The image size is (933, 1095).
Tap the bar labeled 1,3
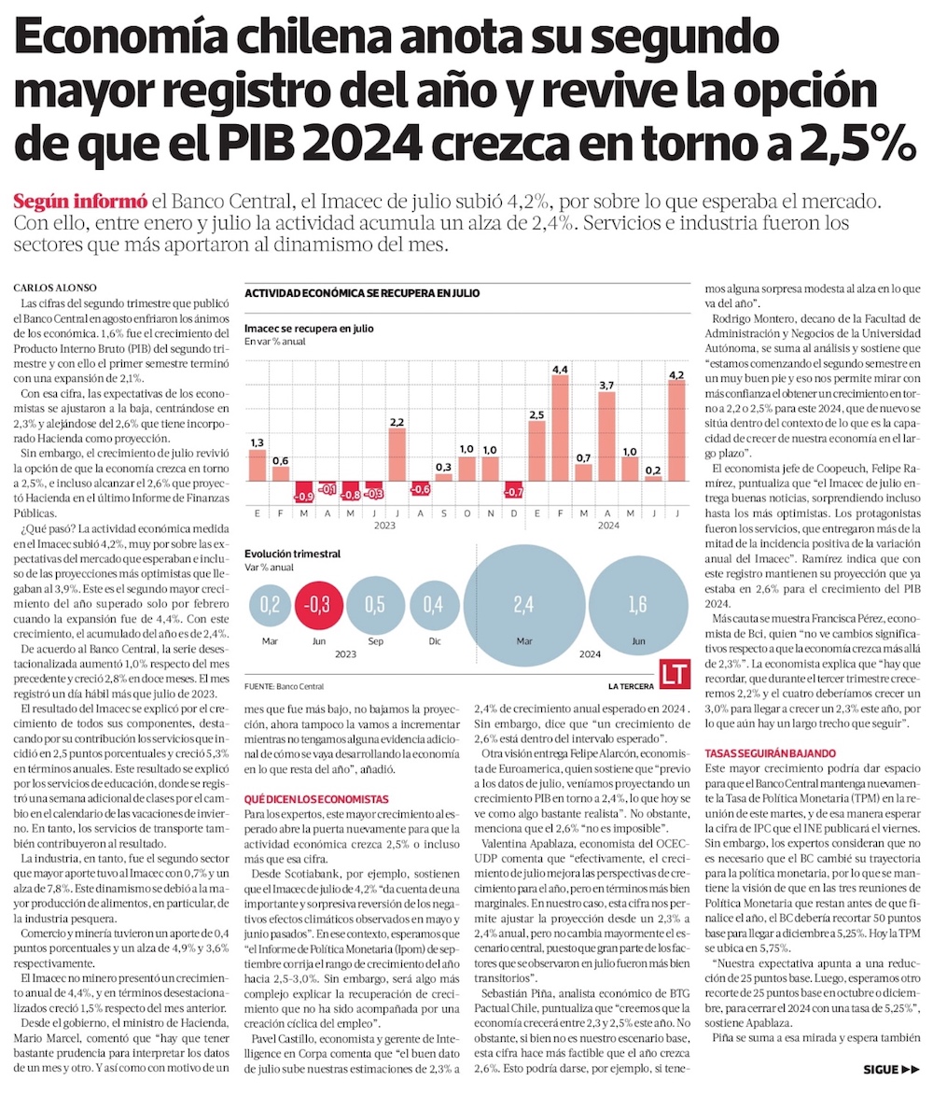[258, 465]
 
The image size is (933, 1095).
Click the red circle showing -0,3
[321, 605]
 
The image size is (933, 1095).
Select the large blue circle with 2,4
[522, 606]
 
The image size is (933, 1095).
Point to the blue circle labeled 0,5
[374, 605]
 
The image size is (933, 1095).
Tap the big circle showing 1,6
[637, 606]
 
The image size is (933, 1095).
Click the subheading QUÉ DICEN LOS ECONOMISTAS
[302, 799]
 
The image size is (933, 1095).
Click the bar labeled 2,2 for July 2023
[397, 454]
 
